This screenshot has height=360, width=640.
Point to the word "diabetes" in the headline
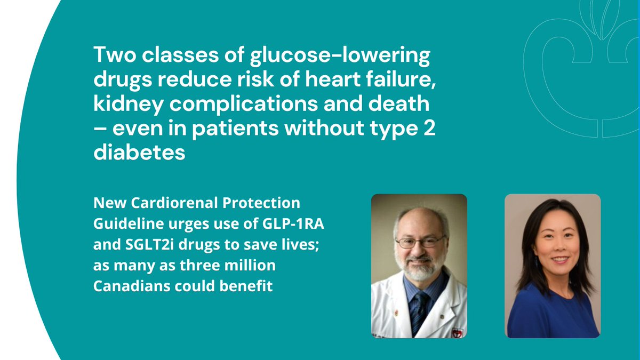[140, 153]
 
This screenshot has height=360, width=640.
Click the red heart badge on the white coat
[457, 332]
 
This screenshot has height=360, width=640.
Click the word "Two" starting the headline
[114, 55]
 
